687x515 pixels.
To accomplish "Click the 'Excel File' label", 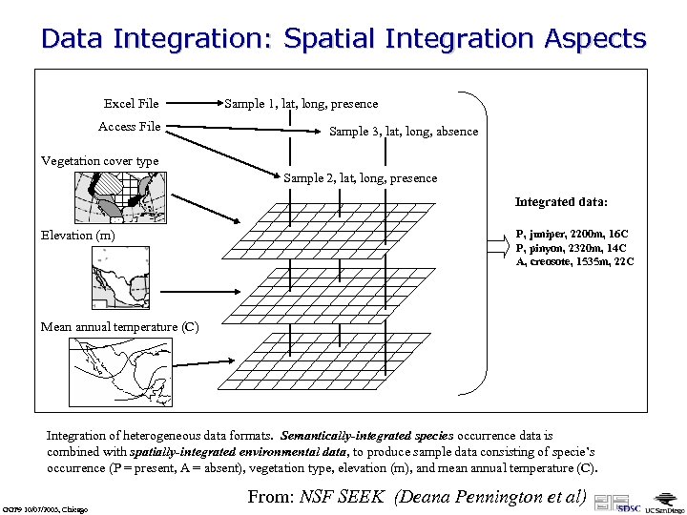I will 132,104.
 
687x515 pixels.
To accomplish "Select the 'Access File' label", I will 129,127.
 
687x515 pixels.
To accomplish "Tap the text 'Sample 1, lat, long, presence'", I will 301,104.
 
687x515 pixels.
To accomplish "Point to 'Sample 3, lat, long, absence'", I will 404,132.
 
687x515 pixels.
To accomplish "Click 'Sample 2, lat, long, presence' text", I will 361,178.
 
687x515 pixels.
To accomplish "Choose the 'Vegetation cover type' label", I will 100,161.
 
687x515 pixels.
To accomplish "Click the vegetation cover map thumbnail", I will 120,196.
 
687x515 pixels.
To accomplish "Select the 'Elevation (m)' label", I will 78,236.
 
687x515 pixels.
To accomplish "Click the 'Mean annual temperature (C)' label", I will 120,327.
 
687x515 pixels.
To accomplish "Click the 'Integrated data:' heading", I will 561,202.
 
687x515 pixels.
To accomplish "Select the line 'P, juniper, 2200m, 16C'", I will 572,234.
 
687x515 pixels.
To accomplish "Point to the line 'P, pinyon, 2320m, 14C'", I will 571,247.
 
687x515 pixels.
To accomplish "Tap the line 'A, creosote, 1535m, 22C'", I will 575,261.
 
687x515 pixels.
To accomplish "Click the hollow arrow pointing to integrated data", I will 497,246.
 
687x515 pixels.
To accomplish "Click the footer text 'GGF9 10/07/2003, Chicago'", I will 46,509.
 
